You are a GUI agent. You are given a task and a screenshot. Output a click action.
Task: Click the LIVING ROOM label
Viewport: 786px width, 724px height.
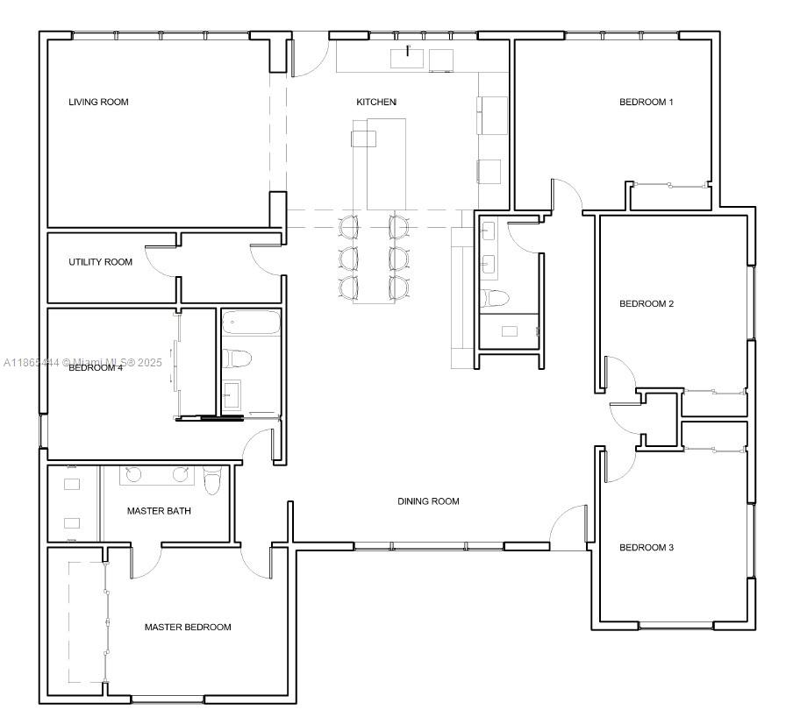coord(98,103)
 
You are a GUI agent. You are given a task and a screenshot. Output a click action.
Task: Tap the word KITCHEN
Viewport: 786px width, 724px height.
coord(376,103)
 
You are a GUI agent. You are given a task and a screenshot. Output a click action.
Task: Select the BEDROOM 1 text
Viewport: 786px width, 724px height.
coord(646,103)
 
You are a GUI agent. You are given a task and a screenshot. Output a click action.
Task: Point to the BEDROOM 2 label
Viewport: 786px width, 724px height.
coord(646,304)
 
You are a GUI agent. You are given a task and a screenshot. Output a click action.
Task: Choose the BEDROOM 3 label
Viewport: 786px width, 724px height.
coord(646,548)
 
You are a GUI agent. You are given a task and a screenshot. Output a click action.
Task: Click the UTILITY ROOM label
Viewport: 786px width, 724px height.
coord(101,262)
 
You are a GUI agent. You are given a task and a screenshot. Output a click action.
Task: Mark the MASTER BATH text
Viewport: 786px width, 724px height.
coord(159,511)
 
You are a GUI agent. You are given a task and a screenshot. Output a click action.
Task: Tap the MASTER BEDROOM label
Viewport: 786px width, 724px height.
coord(188,628)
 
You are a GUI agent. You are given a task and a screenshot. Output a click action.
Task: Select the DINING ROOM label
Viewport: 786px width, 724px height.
coord(428,501)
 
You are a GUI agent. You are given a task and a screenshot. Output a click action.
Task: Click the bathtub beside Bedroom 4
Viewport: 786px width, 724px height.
coord(251,325)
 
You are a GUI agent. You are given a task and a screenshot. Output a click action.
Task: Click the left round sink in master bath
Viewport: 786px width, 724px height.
coord(133,474)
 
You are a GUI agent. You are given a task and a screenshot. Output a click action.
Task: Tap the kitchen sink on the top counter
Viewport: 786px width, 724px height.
coord(408,58)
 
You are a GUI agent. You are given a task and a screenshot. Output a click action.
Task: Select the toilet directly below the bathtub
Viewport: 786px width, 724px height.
coord(238,358)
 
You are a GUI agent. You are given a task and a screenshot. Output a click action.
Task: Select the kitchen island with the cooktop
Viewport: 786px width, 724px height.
coord(379,162)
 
